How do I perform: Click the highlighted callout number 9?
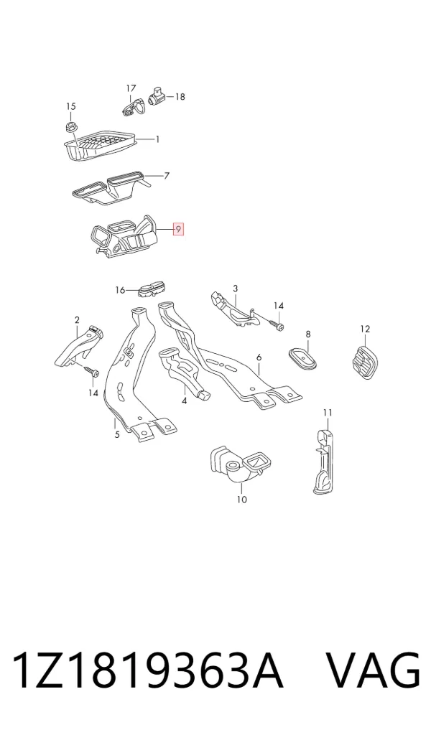178,230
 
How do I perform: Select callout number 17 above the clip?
131,88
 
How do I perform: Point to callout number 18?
180,97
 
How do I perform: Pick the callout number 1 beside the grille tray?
157,139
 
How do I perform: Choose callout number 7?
167,176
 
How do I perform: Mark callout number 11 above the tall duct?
328,413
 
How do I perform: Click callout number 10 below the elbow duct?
242,500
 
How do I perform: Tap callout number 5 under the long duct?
117,434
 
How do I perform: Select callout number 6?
259,357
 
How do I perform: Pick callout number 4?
185,401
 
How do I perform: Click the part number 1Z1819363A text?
147,670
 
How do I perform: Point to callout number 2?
77,320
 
